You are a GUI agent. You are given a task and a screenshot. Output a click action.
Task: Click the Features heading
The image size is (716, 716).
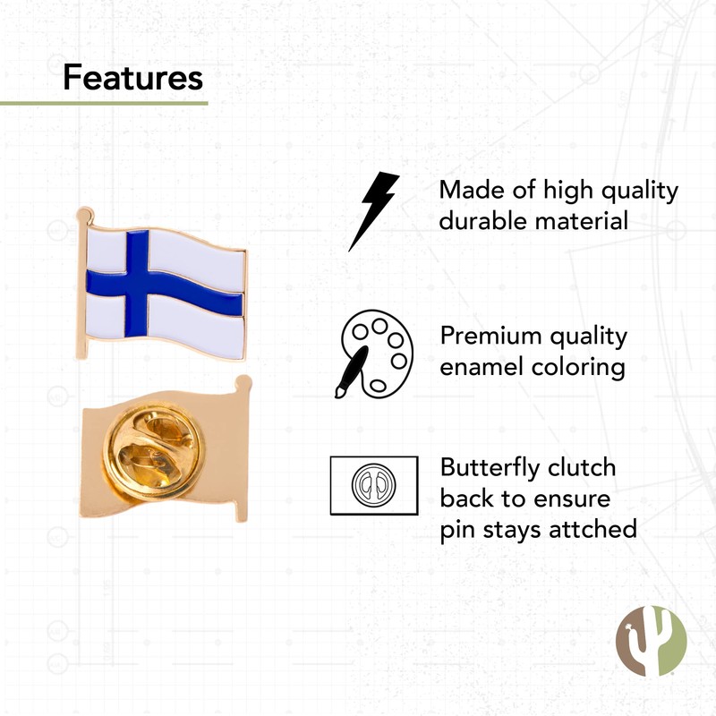pos(132,78)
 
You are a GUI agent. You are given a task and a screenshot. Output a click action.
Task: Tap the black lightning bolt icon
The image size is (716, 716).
pos(373,210)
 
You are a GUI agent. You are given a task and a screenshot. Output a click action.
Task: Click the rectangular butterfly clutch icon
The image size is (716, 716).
pos(373,485)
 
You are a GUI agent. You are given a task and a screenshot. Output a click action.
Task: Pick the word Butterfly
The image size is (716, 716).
pos(501,468)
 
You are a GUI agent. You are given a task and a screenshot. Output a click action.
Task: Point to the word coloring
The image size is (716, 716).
pos(581,368)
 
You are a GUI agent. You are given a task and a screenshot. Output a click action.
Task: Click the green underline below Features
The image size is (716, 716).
pos(104,103)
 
